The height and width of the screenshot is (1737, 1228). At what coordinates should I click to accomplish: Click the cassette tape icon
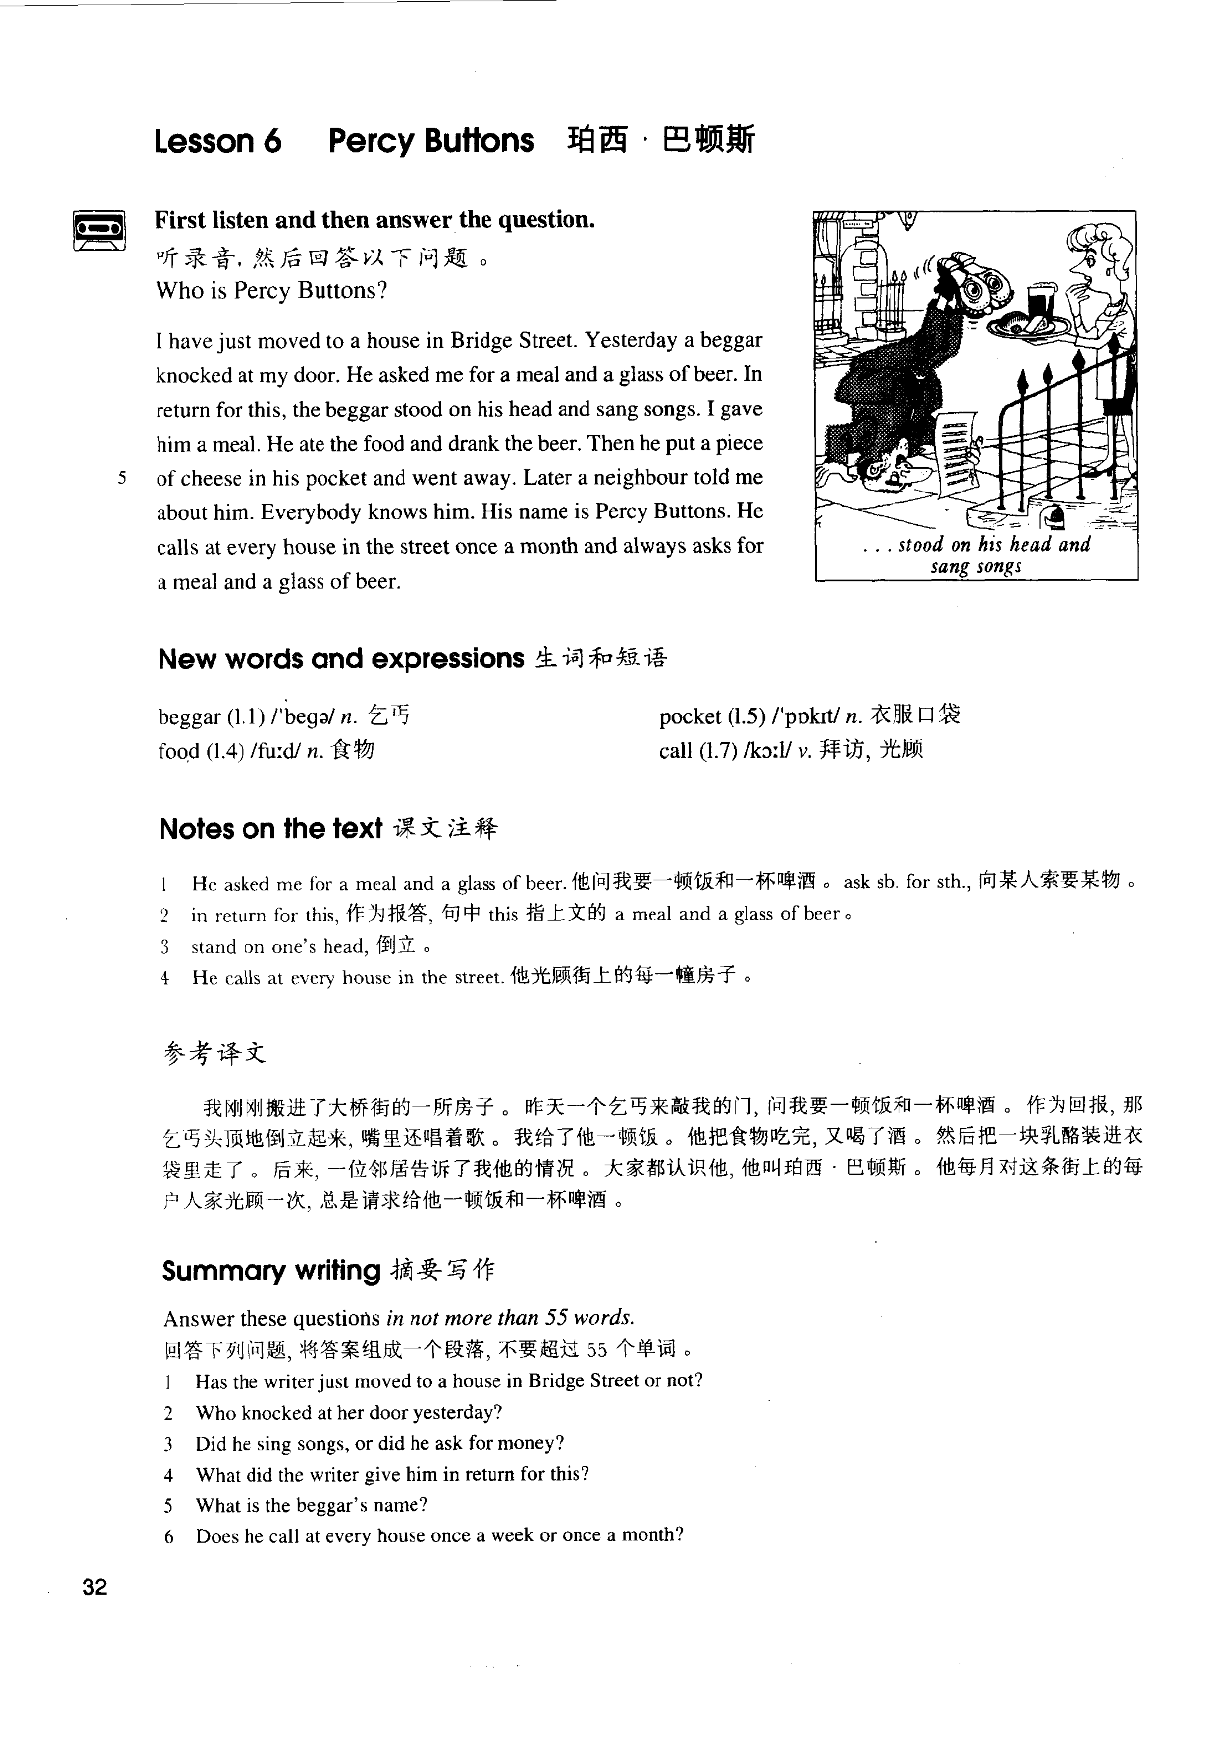coord(99,229)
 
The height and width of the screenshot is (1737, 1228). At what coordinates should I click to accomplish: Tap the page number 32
coord(95,1587)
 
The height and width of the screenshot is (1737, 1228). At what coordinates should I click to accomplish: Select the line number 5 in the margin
coord(122,478)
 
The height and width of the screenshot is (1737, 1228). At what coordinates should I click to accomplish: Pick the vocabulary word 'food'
coord(178,751)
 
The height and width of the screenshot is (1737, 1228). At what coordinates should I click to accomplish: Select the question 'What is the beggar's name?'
coord(311,1505)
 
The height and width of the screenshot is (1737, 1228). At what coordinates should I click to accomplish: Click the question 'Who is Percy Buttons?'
coord(271,291)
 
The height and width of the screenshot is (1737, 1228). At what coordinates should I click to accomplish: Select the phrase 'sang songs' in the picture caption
coord(976,566)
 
